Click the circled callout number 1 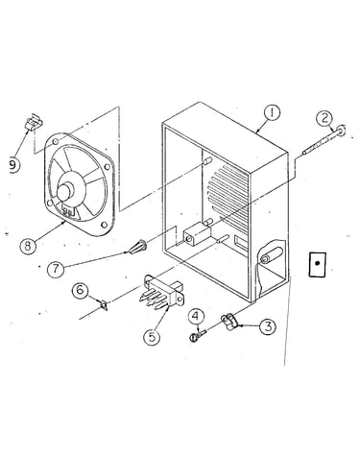tap(272, 114)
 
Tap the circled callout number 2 tap(324, 119)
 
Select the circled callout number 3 tap(267, 326)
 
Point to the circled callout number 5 tap(152, 337)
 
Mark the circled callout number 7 tap(56, 269)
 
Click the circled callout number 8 tap(28, 246)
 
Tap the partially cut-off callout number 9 tap(13, 165)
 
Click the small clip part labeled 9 tap(35, 122)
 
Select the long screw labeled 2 tap(323, 140)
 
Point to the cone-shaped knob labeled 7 tap(138, 247)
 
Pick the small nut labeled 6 tap(104, 304)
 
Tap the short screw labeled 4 tap(197, 335)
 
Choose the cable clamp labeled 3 tap(229, 322)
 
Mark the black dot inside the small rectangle tap(317, 263)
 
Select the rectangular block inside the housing tap(196, 236)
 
